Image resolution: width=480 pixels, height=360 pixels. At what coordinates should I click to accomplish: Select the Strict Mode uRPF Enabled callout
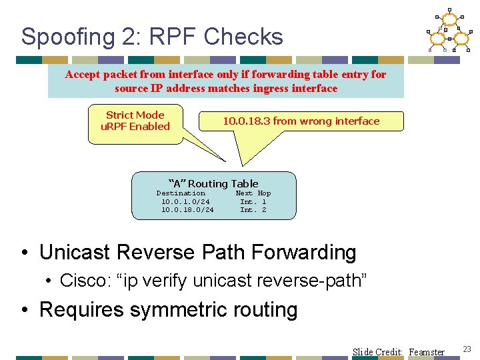135,121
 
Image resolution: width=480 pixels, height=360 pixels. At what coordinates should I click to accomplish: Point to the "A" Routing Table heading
213,183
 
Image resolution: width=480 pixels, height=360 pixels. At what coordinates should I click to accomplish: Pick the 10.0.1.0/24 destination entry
185,201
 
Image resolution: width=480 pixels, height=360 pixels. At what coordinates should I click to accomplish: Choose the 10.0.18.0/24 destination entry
187,210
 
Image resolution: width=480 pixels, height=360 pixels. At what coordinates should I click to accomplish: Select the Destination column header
181,193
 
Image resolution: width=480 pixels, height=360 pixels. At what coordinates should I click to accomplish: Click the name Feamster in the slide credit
427,352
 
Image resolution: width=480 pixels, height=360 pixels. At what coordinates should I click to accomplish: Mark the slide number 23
467,349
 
